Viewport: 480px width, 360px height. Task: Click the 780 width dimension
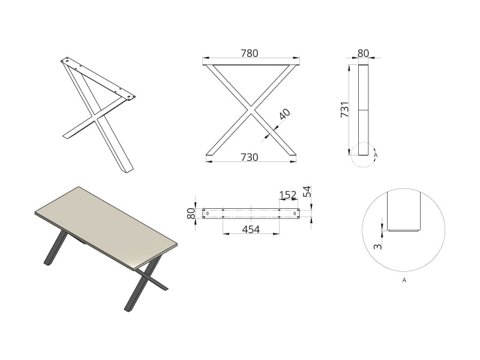coord(250,53)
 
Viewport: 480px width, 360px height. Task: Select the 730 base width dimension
coord(250,157)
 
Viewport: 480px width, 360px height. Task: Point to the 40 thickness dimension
coord(284,114)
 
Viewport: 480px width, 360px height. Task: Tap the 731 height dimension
coord(345,109)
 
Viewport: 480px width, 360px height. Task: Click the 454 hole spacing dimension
coord(251,229)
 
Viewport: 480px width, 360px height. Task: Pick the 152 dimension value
coord(288,195)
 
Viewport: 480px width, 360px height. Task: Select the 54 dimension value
coord(307,191)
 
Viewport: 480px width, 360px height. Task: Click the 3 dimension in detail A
coord(379,246)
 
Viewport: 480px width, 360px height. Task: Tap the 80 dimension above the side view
coord(364,53)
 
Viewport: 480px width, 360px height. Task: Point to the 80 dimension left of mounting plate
coord(191,214)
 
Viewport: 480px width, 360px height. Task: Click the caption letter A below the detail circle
coord(404,280)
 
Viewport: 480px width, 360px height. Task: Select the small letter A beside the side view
coord(376,155)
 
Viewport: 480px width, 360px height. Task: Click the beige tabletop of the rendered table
coord(106,227)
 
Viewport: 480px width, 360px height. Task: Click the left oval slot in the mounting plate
coord(208,214)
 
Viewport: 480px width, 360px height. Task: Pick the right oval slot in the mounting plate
coord(295,214)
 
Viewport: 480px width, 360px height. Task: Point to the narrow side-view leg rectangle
coord(364,110)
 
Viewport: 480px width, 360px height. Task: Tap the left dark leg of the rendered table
coord(55,248)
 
